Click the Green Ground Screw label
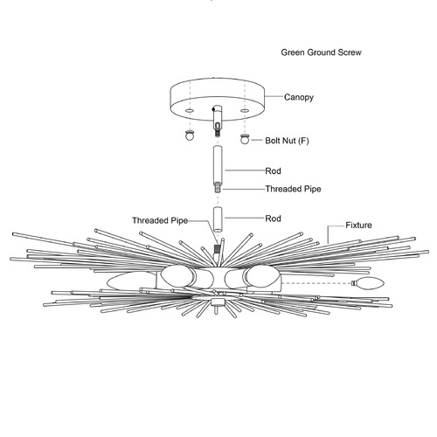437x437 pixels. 321,52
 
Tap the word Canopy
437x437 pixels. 299,97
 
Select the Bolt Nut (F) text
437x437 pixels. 287,141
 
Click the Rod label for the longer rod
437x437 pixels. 273,170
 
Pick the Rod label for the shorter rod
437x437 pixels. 273,218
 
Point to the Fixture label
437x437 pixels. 358,225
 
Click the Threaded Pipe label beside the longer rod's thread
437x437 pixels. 293,189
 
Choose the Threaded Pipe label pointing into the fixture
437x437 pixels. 160,220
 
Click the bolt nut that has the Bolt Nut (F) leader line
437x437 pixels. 245,139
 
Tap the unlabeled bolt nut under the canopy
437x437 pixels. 190,135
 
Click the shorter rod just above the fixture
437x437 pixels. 218,219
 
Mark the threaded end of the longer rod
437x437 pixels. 218,187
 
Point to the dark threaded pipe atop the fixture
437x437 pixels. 217,248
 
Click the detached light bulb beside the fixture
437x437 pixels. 368,283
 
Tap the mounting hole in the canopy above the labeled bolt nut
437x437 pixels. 245,111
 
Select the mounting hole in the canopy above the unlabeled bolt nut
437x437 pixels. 190,111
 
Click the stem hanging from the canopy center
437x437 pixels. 217,120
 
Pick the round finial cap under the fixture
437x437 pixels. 217,302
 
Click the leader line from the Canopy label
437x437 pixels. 274,96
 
